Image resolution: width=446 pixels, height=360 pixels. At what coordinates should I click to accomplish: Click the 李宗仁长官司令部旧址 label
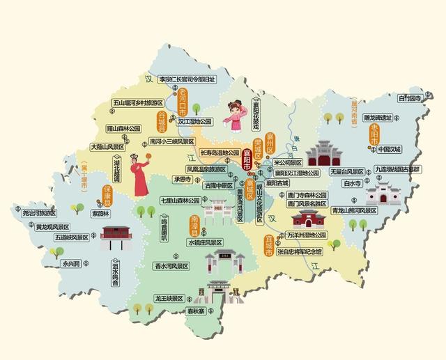[x=187, y=79]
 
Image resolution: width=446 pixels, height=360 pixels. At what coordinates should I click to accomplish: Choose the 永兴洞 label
[x=72, y=264]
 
